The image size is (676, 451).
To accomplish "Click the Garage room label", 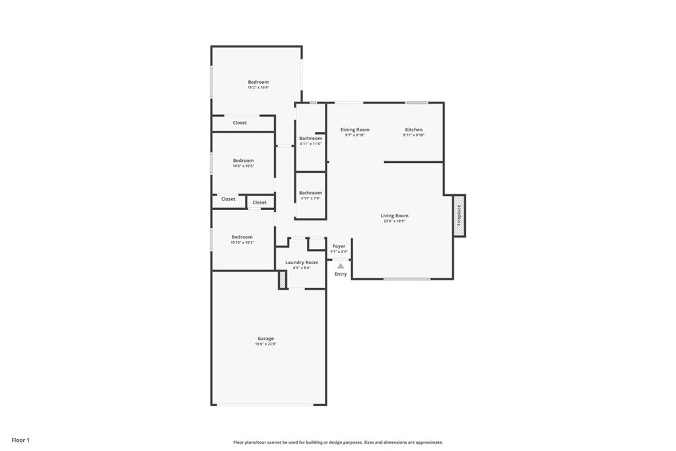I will coord(265,339).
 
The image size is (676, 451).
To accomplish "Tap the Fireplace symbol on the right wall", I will coord(459,215).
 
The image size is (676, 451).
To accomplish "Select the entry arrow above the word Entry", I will coord(341,266).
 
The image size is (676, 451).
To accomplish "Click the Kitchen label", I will coord(414,129).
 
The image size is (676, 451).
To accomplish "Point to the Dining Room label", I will coord(355,129).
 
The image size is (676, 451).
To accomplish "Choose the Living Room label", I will coord(394,216).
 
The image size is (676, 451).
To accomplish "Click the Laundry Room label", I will coord(302,262).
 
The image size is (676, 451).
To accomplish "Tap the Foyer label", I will coord(339,246).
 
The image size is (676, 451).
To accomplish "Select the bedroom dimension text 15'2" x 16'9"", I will coord(258,88).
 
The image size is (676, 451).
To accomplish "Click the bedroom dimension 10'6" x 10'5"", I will coord(243,166).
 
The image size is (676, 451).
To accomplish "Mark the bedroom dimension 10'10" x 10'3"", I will coord(242,242).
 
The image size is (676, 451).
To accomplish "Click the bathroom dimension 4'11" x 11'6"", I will coord(310,144).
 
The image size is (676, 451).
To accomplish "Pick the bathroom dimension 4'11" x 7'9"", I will coord(310,198).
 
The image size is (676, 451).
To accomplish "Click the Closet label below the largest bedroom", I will coord(240,123).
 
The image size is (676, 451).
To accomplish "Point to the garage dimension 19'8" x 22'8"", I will coord(265,344).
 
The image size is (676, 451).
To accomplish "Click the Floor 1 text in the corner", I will coord(20,440).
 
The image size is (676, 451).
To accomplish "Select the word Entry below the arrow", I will coord(341,274).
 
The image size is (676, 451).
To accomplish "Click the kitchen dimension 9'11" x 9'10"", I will coord(414,135).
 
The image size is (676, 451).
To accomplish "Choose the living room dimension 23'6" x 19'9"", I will coord(394,221).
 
